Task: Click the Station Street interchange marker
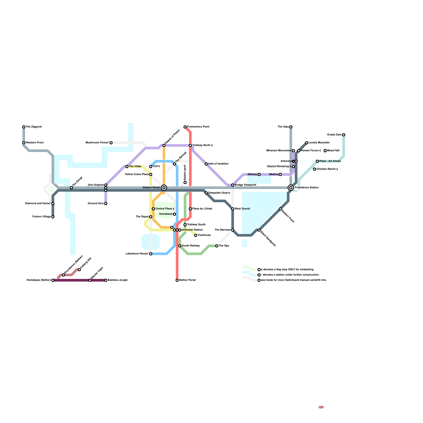[164, 188]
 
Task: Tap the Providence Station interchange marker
[291, 188]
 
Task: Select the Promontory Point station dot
[185, 127]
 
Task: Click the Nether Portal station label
[187, 280]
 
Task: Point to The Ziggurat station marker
[24, 127]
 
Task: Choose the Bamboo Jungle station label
[117, 280]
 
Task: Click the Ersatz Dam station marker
[344, 135]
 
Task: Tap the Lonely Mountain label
[319, 143]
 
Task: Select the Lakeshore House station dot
[151, 254]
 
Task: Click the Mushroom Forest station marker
[111, 143]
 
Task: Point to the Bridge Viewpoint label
[245, 185]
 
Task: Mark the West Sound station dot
[233, 209]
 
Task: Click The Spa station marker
[217, 246]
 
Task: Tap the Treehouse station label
[204, 235]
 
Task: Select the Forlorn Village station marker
[53, 217]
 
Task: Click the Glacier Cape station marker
[90, 280]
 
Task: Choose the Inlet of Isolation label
[218, 164]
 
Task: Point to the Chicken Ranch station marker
[315, 169]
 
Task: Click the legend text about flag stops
[287, 270]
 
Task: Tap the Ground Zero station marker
[106, 204]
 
